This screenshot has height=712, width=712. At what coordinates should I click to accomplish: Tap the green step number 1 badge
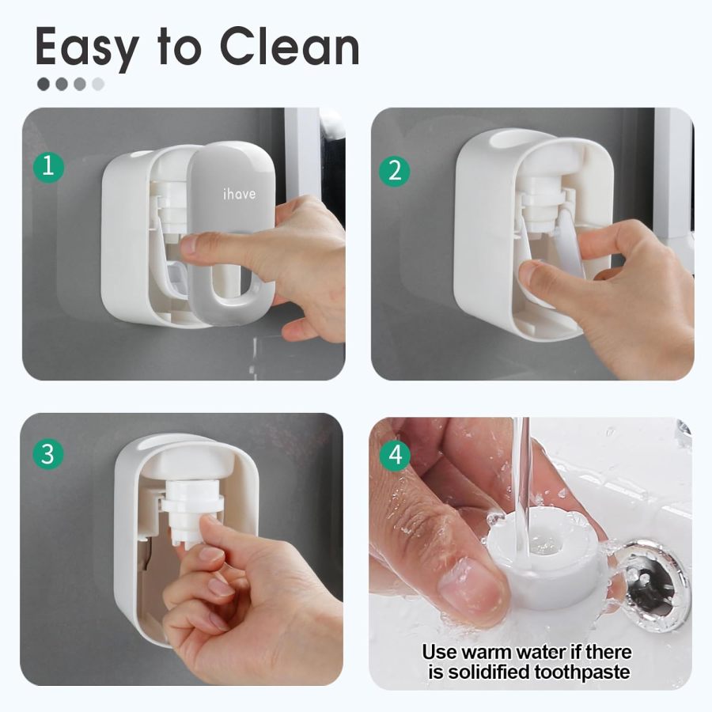(x=48, y=167)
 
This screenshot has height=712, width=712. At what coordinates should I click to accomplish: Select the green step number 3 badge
(x=48, y=454)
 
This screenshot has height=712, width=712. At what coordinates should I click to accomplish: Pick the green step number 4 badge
(x=395, y=456)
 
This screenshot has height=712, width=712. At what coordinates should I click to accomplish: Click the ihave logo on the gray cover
(x=238, y=193)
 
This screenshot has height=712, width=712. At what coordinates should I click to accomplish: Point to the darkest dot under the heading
(x=44, y=84)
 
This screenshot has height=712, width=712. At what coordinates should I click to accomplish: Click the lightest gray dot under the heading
(x=98, y=84)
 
